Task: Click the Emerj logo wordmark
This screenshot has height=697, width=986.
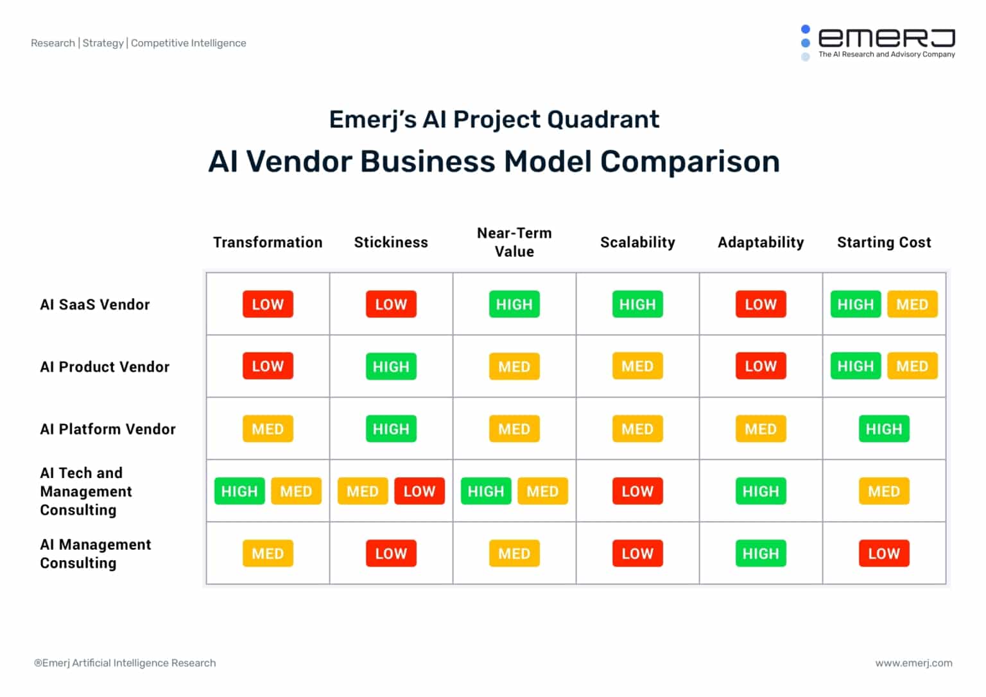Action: pos(886,39)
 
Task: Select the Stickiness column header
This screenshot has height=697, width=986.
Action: pos(391,242)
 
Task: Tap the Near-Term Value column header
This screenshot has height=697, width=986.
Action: pos(514,242)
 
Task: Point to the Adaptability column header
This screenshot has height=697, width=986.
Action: pos(761,242)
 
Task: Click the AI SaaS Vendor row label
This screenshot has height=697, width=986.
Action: pos(95,304)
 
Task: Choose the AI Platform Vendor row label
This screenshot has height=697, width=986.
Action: pos(108,429)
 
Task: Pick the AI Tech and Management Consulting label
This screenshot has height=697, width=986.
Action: pos(86,491)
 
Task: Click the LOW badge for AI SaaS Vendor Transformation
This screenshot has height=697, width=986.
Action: pos(268,304)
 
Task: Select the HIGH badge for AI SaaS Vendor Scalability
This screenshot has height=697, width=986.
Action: pos(637,304)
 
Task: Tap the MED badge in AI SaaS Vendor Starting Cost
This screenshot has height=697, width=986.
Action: pos(912,304)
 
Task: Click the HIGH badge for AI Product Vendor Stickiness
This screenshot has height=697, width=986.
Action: pos(391,367)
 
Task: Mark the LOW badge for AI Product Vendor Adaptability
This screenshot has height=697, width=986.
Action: pos(761,367)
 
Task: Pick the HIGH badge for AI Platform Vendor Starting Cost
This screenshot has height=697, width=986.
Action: pos(884,429)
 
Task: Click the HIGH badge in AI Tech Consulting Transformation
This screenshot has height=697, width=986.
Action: pos(239,491)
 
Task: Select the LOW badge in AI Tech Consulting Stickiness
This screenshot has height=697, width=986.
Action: pos(419,491)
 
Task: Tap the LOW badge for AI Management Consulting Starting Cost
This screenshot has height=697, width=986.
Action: pos(884,554)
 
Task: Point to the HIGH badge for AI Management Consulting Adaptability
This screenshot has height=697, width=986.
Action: pos(761,554)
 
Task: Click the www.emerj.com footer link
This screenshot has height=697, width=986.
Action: pos(913,663)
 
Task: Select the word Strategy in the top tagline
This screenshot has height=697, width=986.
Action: pos(103,43)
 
